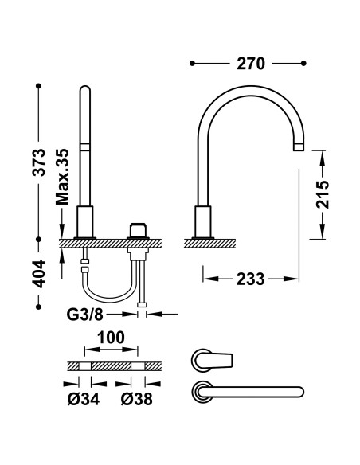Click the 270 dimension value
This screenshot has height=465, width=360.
[x=251, y=64]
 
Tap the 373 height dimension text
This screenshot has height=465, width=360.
[x=39, y=162]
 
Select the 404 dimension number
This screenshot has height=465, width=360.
[x=39, y=274]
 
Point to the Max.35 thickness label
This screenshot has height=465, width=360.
[x=62, y=177]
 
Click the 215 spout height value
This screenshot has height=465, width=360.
[x=323, y=194]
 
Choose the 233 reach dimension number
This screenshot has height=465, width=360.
[x=250, y=279]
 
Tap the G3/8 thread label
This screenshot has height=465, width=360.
[x=84, y=315]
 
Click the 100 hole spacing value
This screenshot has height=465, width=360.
[x=112, y=338]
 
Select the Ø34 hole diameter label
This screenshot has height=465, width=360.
[x=84, y=399]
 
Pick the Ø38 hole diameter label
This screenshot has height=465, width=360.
[x=137, y=399]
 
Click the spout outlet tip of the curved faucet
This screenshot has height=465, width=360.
[x=299, y=147]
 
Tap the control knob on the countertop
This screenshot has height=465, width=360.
[x=138, y=230]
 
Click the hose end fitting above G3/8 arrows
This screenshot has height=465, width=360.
[x=142, y=305]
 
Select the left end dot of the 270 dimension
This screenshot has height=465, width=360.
[x=192, y=63]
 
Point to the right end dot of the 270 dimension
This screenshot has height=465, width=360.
[x=303, y=63]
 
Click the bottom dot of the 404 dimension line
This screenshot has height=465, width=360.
[x=38, y=307]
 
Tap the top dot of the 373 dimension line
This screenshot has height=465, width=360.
[x=38, y=86]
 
